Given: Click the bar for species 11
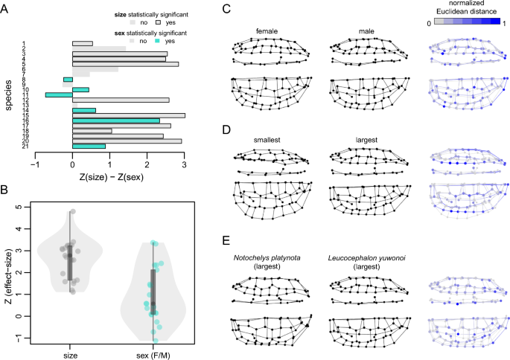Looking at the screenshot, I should coord(58,94).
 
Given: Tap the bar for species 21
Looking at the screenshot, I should coord(89,146).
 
